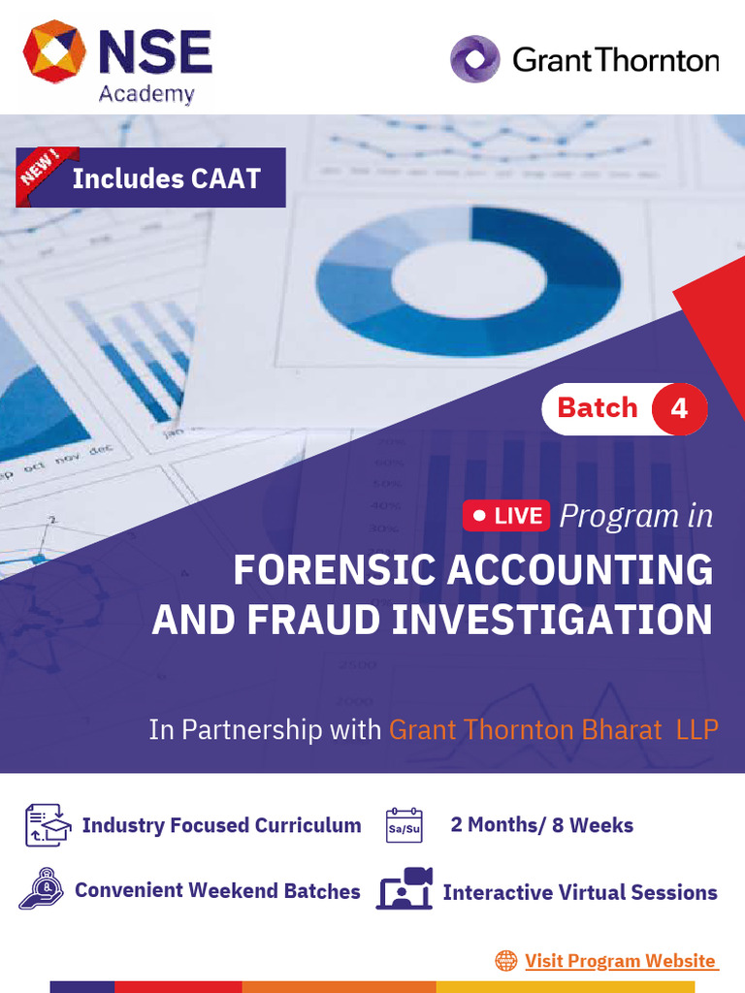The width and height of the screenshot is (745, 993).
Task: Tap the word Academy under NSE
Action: [x=146, y=94]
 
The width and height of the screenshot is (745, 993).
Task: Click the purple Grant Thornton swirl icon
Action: [x=474, y=59]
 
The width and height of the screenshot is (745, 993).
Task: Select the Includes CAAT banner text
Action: [x=166, y=178]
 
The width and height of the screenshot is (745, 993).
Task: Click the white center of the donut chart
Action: [x=469, y=280]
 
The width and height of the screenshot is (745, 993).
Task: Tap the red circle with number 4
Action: [x=679, y=408]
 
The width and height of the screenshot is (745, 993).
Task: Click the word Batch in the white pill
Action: [x=598, y=408]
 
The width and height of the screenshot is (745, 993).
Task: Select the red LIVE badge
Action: [x=506, y=516]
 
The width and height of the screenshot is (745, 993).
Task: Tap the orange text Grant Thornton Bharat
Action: [x=525, y=729]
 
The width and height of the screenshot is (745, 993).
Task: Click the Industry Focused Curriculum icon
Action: [x=48, y=825]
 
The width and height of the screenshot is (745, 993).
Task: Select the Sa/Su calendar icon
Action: [x=405, y=825]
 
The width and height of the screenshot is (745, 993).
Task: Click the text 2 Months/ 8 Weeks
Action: [x=541, y=825]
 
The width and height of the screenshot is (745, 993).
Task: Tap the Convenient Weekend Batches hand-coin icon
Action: [x=41, y=889]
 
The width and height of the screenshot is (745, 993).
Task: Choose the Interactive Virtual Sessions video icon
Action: [x=405, y=889]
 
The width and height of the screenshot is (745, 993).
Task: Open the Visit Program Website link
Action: [x=620, y=961]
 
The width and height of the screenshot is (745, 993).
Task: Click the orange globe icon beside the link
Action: [x=505, y=961]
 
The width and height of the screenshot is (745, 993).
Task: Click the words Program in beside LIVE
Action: [x=635, y=516]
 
